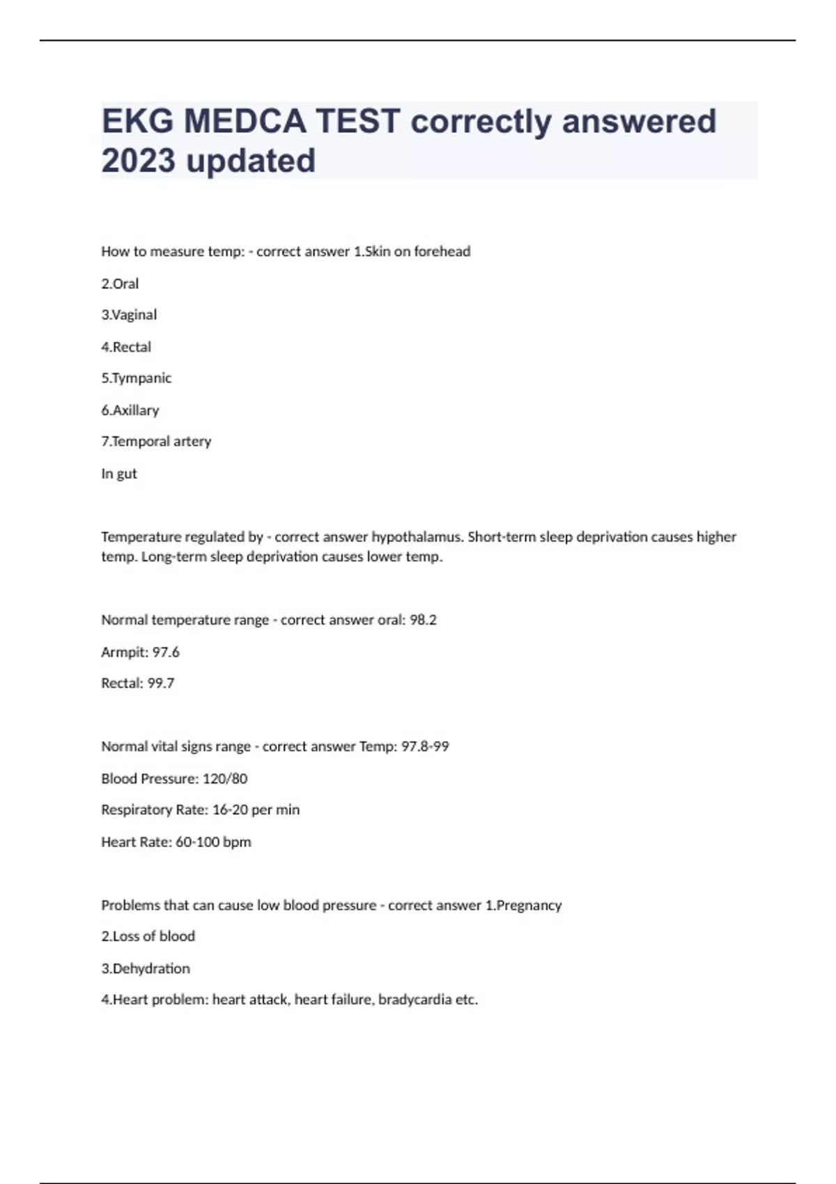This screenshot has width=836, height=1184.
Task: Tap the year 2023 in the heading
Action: (x=138, y=161)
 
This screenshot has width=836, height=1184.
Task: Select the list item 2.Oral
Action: (x=120, y=283)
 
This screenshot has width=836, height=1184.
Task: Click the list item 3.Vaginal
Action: (x=129, y=315)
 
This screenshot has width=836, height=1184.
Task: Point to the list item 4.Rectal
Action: (x=126, y=347)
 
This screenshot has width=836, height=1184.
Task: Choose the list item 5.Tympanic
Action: (x=136, y=378)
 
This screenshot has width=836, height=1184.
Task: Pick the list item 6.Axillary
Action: (x=130, y=410)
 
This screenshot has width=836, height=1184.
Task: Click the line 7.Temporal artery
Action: (x=156, y=442)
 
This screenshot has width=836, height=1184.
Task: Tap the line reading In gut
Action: (x=119, y=474)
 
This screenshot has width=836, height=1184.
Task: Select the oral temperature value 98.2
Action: (x=423, y=620)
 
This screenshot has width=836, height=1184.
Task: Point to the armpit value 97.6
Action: (x=166, y=652)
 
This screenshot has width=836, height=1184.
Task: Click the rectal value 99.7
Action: (x=161, y=683)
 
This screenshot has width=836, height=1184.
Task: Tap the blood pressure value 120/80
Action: (x=225, y=779)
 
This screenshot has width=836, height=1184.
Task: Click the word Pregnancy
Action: (x=529, y=905)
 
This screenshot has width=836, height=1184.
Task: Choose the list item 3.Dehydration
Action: (x=146, y=969)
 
